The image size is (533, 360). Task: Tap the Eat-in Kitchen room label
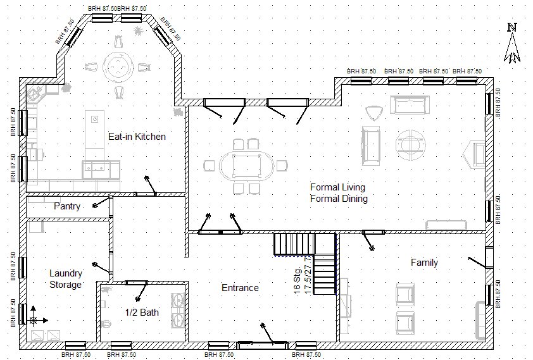click(x=137, y=137)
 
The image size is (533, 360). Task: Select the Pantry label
click(x=66, y=206)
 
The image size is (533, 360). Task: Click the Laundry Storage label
click(x=66, y=279)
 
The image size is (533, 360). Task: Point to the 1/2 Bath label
click(x=142, y=313)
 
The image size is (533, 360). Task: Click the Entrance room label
click(x=240, y=288)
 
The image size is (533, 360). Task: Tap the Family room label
click(x=424, y=263)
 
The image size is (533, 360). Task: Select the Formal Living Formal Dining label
click(x=339, y=193)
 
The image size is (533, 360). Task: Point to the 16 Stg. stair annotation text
click(x=297, y=279)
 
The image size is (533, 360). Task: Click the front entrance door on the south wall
click(x=261, y=345)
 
